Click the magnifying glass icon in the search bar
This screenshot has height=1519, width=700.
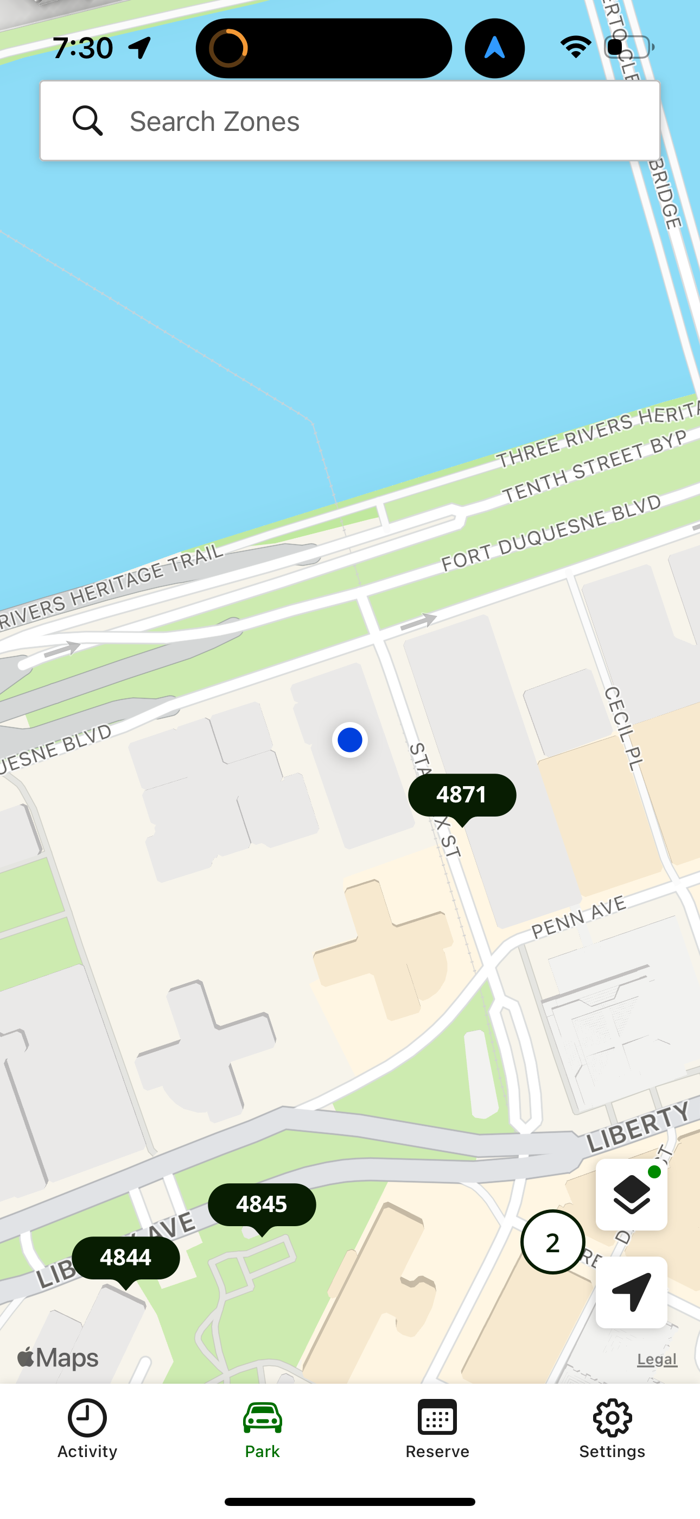click(x=88, y=121)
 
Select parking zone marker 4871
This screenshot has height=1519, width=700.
click(x=462, y=795)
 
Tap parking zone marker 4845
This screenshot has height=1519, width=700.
click(x=262, y=1204)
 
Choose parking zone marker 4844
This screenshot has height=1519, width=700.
click(x=125, y=1258)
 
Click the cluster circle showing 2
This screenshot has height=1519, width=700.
click(x=552, y=1242)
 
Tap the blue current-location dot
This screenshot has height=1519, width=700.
click(x=350, y=740)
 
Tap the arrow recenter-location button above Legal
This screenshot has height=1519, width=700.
click(x=631, y=1292)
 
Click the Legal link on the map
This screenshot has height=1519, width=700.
click(x=657, y=1359)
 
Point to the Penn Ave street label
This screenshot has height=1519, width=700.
click(x=578, y=917)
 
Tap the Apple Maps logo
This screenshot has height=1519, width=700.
click(x=58, y=1358)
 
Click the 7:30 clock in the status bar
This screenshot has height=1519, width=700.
click(x=82, y=48)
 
